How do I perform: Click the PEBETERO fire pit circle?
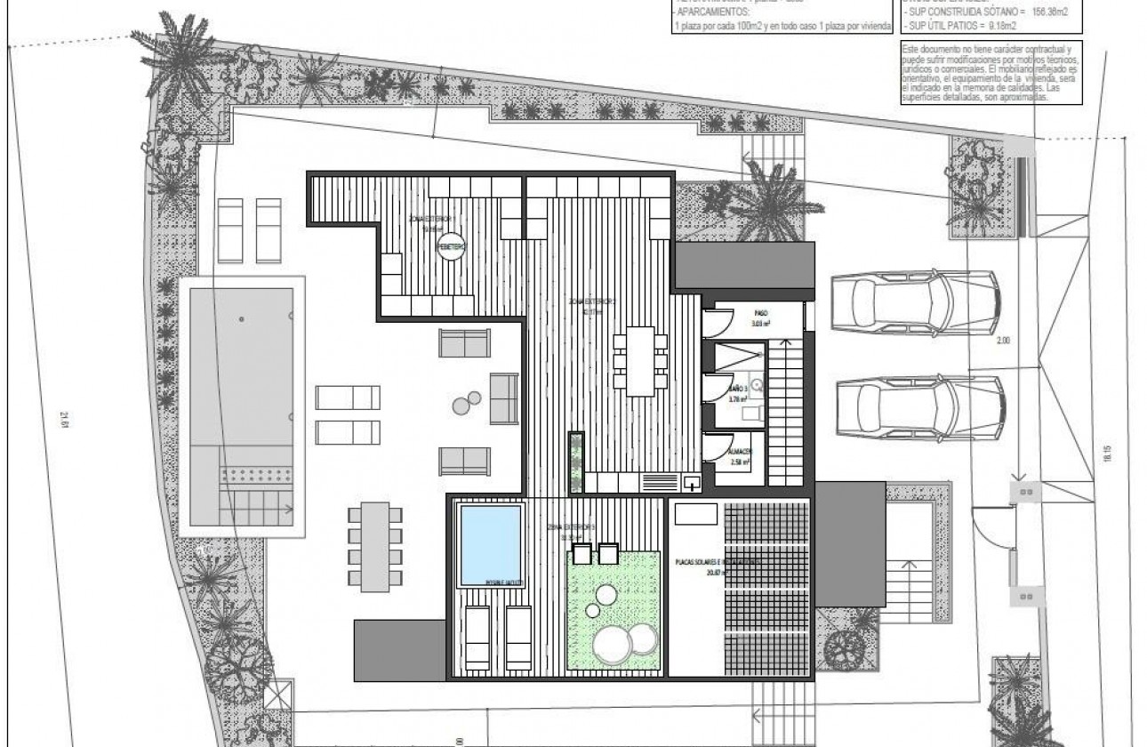[452, 249]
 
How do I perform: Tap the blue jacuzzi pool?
[489, 543]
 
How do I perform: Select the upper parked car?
[916, 304]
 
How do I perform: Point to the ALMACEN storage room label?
[742, 454]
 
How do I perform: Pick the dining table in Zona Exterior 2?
[639, 360]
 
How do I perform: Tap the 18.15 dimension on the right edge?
[1107, 454]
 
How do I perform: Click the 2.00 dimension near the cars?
[1028, 341]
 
